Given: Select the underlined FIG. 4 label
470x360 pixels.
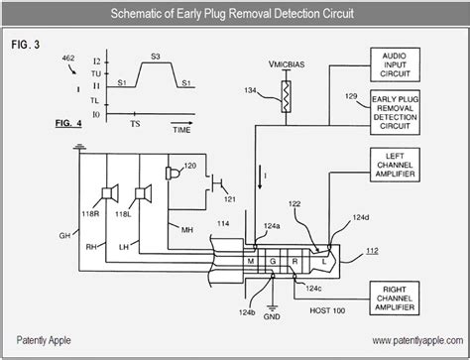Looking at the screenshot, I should coord(69,125).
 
